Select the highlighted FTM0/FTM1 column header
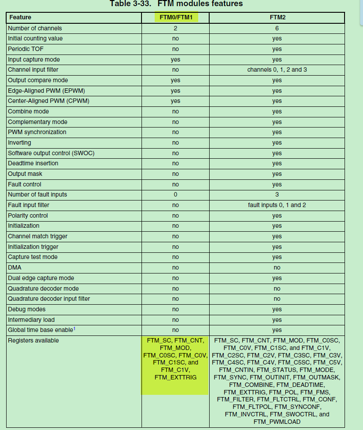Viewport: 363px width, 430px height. coord(176,18)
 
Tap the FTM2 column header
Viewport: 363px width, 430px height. coord(277,18)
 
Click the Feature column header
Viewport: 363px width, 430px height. coord(20,18)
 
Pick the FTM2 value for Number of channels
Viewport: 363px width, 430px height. coord(277,28)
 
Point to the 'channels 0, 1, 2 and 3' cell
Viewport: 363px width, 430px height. coord(277,70)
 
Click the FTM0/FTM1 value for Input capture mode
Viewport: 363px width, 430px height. coord(175,59)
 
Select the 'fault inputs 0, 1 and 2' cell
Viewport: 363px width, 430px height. coord(277,205)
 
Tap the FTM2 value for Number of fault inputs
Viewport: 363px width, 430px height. coord(277,194)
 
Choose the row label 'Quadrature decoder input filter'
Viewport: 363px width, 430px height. coord(49,299)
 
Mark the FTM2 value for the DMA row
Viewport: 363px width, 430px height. coord(277,267)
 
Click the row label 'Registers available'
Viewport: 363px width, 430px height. coord(33,340)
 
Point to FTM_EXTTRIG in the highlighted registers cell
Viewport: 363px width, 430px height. coord(175,377)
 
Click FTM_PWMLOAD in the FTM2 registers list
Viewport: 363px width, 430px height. coord(277,422)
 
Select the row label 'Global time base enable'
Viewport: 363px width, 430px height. coord(39,330)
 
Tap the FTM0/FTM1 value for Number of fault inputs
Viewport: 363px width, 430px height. coord(175,194)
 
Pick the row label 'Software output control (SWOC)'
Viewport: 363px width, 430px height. coord(51,153)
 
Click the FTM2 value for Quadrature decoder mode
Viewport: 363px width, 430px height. coord(277,288)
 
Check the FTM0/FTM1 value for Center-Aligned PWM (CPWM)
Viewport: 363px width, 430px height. coord(175,101)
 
